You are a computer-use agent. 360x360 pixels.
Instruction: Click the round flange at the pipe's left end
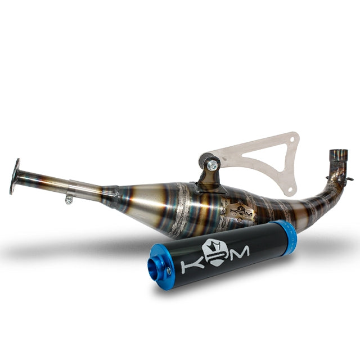coord(15,175)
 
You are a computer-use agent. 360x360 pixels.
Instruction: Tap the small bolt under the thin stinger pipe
coord(69,199)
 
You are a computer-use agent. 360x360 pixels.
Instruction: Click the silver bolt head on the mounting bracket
coord(213,165)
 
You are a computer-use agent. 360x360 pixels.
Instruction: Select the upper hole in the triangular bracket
coord(291,139)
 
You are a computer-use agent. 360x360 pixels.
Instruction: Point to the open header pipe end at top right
coord(337,154)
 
